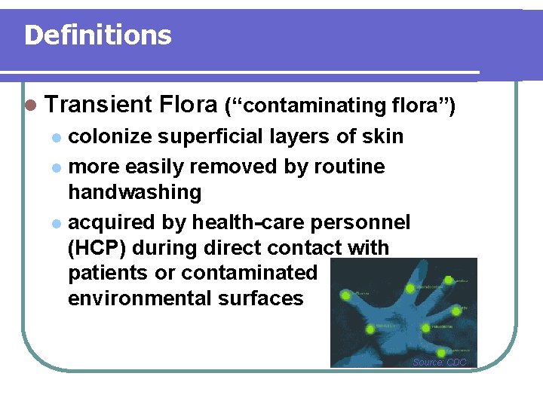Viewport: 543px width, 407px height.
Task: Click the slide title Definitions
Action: (98, 35)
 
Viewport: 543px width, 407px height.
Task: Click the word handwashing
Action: (135, 192)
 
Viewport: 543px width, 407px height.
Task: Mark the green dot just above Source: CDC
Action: (440, 353)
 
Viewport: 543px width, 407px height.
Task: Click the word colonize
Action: (113, 136)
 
